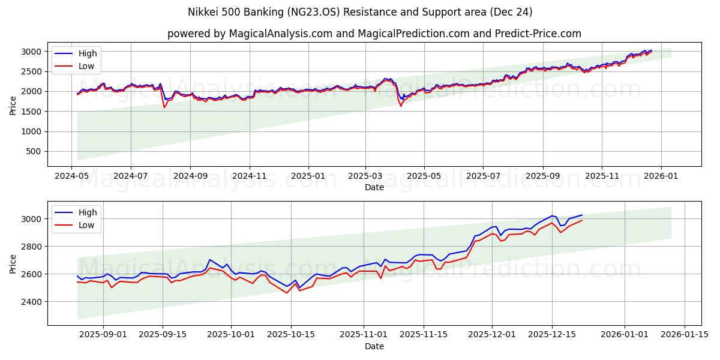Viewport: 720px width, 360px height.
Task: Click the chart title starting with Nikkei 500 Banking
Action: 359,12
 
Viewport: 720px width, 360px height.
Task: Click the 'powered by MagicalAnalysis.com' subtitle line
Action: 374,34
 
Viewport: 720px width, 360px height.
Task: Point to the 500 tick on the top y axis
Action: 35,152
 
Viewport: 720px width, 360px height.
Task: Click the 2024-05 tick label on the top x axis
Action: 72,176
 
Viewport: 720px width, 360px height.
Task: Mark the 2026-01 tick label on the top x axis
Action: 661,176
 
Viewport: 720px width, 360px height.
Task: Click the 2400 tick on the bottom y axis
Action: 33,301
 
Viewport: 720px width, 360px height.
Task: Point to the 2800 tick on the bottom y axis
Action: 33,247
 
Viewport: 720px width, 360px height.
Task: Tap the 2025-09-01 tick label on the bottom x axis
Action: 104,335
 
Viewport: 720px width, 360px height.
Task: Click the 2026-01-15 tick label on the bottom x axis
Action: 683,335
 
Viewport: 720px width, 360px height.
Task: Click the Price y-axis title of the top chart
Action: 13,106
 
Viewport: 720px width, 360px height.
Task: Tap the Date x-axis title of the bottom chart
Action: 374,346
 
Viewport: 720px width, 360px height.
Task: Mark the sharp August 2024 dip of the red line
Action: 164,107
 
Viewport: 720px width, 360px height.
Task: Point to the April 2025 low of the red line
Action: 401,106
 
